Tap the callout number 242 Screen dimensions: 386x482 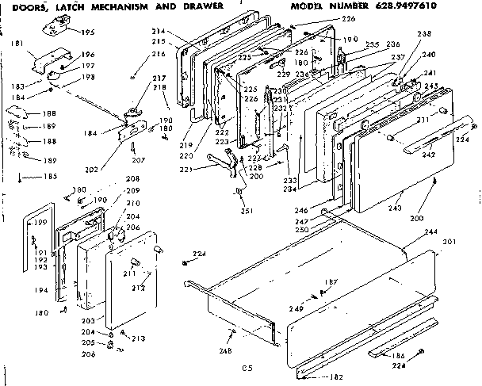[427, 155]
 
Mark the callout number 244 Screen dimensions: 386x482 [430, 231]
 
